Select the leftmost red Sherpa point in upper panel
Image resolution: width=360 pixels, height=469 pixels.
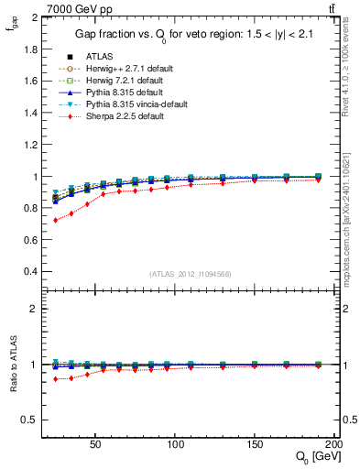(x=57, y=221)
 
